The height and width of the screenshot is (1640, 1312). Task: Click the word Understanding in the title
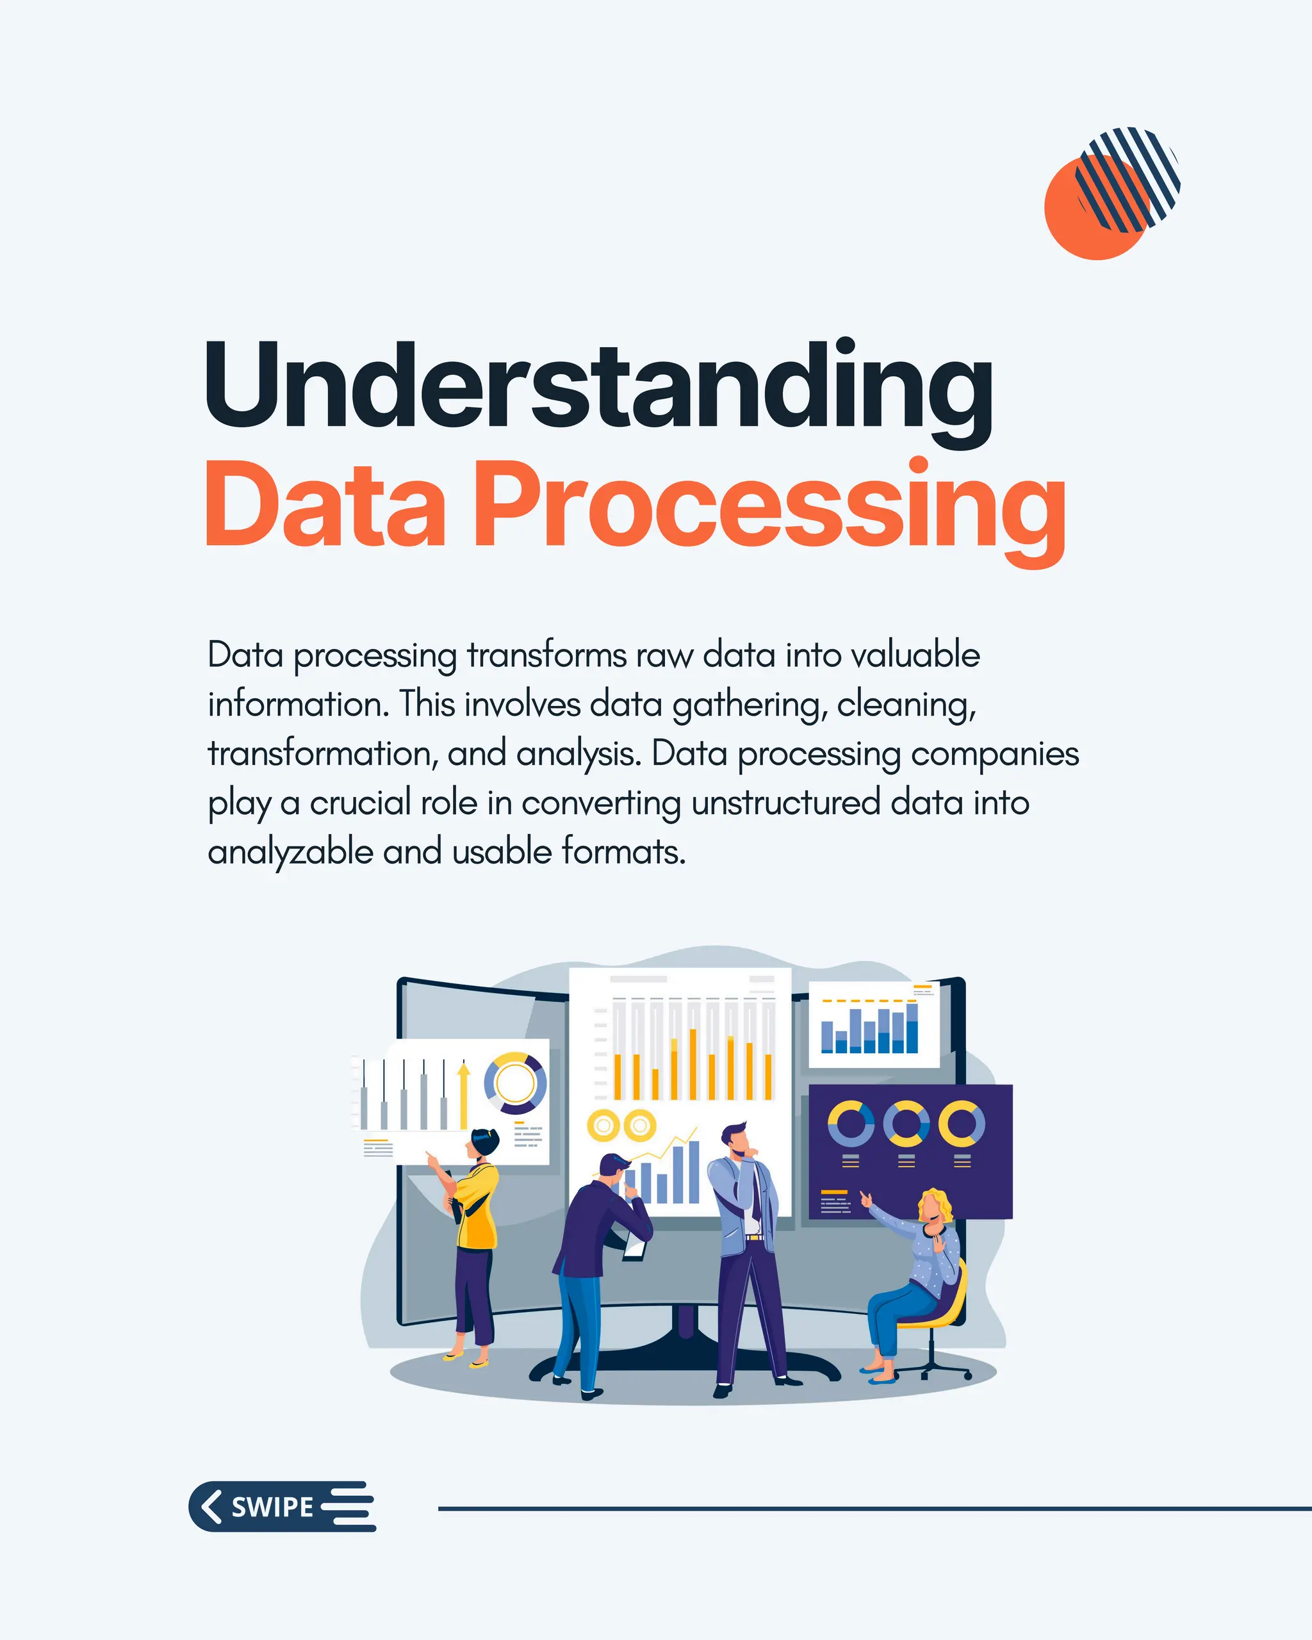[598, 388]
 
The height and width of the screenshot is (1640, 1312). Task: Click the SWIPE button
[281, 1506]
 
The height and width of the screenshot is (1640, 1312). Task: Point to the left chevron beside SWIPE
[211, 1506]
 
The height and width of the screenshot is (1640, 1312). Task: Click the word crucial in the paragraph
[360, 803]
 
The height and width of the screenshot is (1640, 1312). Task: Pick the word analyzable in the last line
[291, 852]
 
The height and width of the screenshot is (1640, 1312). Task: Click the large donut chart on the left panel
[515, 1083]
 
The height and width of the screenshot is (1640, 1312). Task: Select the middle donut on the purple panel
[906, 1123]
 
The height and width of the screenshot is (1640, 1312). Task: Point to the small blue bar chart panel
[873, 1024]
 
